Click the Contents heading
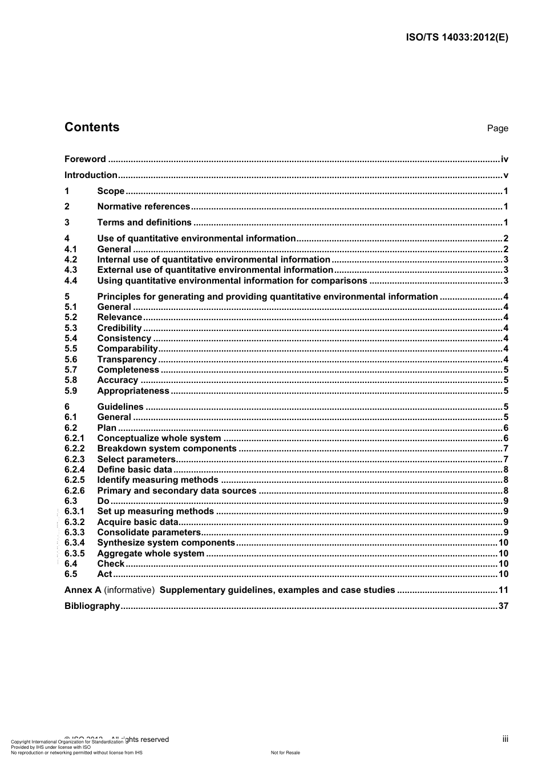click(92, 127)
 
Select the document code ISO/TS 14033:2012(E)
click(456, 38)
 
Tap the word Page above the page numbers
click(497, 128)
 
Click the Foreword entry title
click(85, 159)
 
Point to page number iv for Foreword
click(504, 159)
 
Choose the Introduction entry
click(91, 175)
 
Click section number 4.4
click(71, 281)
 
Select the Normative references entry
click(144, 207)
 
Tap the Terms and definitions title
click(144, 223)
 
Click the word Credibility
click(119, 328)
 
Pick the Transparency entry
click(127, 360)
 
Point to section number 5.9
click(71, 391)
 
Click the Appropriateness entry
click(133, 391)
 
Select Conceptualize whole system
click(159, 438)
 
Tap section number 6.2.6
click(74, 491)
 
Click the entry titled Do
click(103, 501)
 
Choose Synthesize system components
click(166, 543)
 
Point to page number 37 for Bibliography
click(503, 606)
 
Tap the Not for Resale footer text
click(285, 753)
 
